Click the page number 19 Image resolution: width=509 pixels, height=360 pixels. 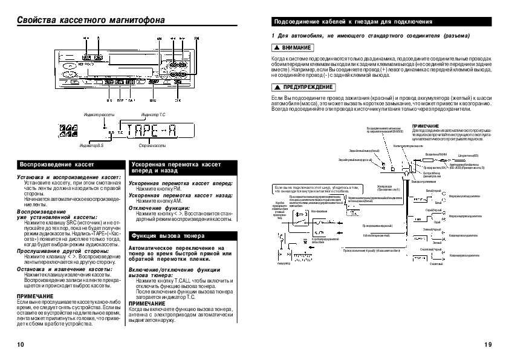click(x=488, y=344)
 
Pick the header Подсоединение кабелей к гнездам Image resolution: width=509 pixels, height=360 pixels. click(x=353, y=22)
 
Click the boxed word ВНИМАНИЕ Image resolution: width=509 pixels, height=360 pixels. click(x=293, y=47)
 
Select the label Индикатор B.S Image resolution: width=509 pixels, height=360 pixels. click(x=91, y=146)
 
